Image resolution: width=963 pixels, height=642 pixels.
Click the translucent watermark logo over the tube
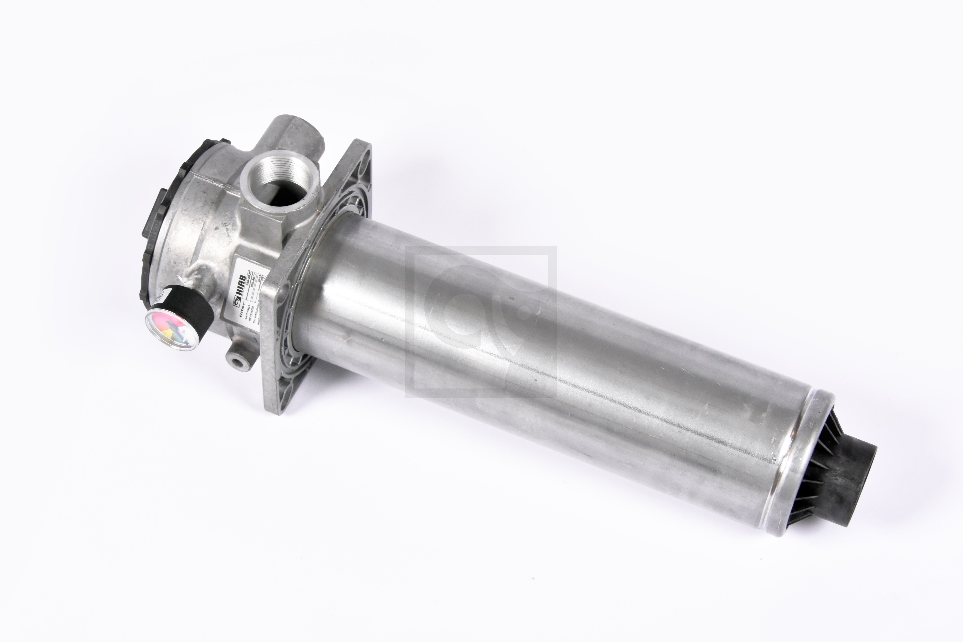(481, 321)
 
